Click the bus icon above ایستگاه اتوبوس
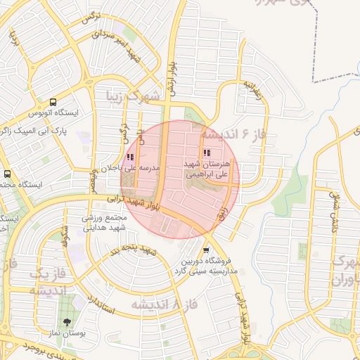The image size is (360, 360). [53, 102]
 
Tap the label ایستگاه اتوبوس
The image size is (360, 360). [53, 112]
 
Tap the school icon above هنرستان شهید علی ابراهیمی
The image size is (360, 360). [206, 153]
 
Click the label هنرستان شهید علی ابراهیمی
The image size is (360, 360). [209, 169]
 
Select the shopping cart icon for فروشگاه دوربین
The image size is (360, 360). [205, 250]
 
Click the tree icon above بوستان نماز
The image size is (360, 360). [67, 322]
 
